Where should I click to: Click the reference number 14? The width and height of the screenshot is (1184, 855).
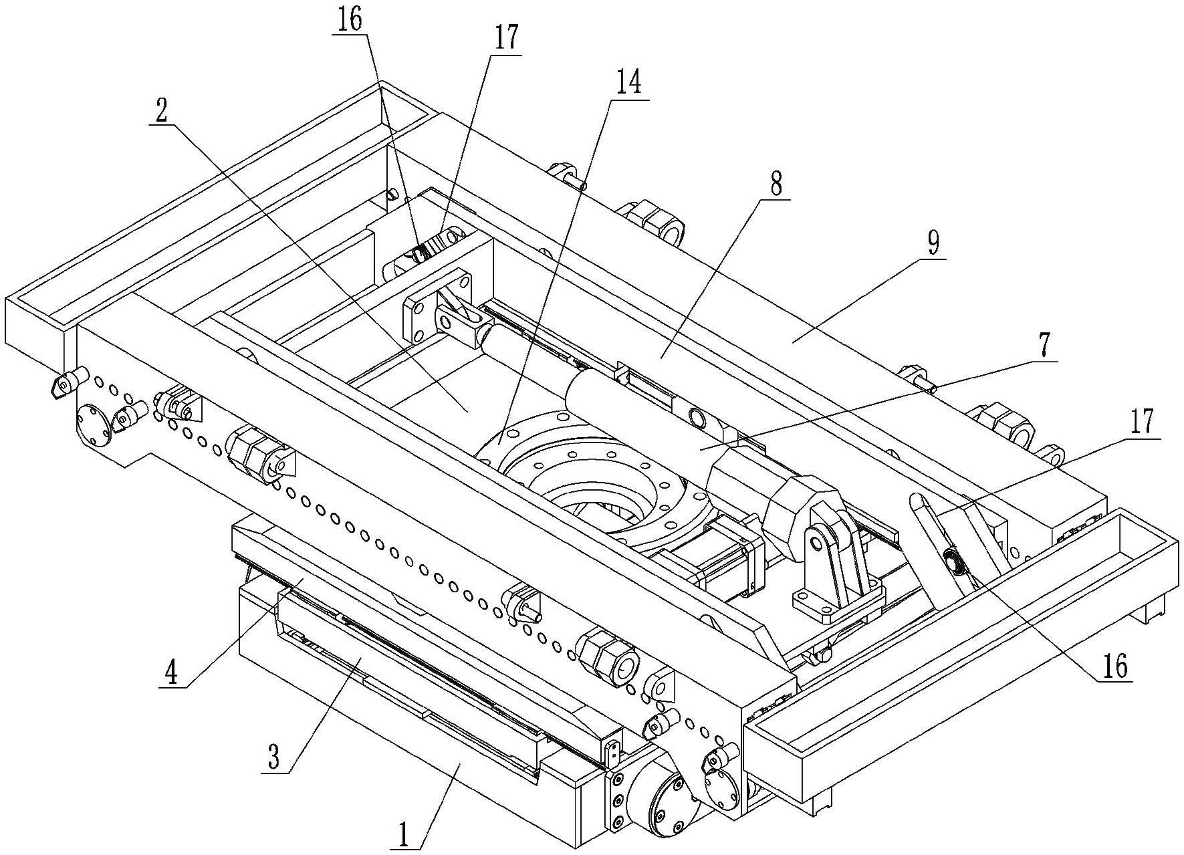628,82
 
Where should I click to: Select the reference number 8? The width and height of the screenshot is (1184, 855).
776,183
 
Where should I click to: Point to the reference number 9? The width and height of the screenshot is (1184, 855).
933,244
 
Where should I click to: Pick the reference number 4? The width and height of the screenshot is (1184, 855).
172,673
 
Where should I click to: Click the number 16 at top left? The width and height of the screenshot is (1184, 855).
349,19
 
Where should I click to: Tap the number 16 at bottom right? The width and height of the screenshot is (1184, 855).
1111,666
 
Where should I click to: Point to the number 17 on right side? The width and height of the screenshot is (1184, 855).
1142,422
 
